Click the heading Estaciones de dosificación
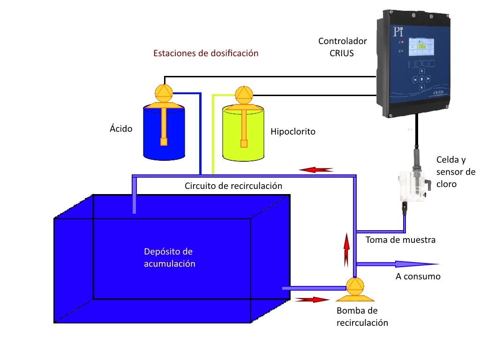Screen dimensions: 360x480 pos(206,53)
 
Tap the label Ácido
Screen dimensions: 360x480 pos(121,128)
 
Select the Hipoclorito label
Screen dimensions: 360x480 pos(293,132)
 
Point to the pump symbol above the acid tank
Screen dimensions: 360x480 pos(164,92)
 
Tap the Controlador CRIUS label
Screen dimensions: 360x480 pos(342,47)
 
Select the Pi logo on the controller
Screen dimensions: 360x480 pos(398,32)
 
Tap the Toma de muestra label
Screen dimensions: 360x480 pos(400,240)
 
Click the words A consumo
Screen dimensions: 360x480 pos(418,277)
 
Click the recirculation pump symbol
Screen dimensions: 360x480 pos(354,289)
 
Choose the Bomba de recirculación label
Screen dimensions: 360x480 pos(362,316)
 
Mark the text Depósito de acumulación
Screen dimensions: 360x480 pos(169,257)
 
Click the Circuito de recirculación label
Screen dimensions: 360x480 pos(233,186)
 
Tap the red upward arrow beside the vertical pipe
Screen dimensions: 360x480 pos(346,248)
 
